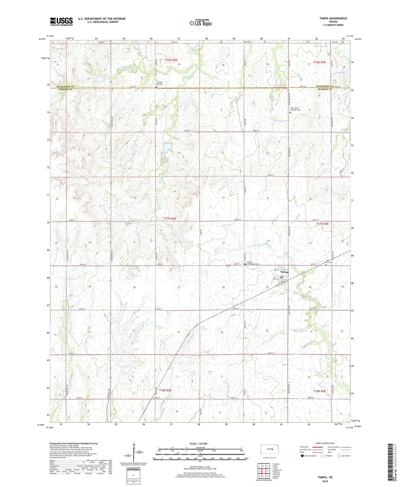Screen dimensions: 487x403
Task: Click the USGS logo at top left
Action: click(61, 21)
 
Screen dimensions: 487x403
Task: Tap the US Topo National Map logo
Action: click(200, 23)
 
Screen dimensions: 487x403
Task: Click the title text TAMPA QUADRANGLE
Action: click(333, 18)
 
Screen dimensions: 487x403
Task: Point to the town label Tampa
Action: click(285, 272)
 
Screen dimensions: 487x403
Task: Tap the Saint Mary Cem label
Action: click(329, 261)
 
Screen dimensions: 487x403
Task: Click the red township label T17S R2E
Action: click(170, 219)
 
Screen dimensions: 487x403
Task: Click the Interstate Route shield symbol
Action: click(302, 456)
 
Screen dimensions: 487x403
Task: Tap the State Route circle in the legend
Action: click(339, 456)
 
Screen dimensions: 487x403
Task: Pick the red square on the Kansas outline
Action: click(272, 449)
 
